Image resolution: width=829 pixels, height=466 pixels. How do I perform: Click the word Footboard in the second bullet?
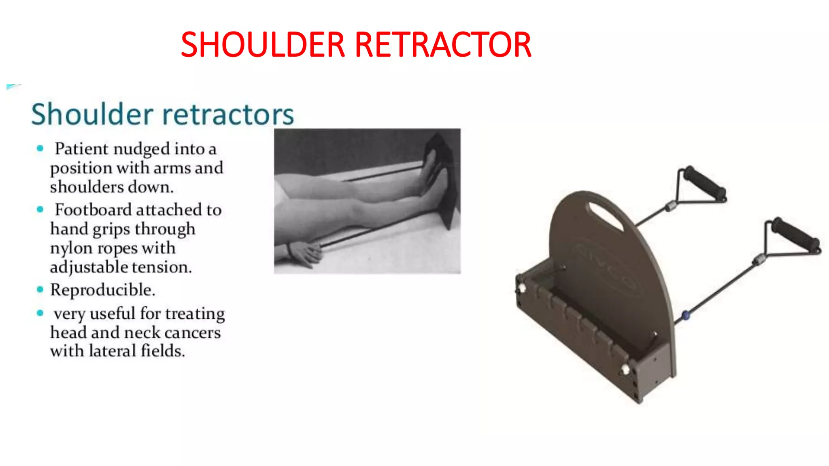(x=93, y=210)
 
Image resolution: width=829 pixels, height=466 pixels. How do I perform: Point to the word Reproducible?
(x=102, y=290)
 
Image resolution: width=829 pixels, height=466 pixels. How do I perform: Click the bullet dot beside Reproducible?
(x=40, y=289)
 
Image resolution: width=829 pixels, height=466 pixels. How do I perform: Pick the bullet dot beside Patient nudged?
(x=40, y=148)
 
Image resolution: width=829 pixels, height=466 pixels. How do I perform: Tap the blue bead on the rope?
(x=685, y=315)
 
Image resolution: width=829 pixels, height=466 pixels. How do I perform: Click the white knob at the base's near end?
(x=626, y=369)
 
